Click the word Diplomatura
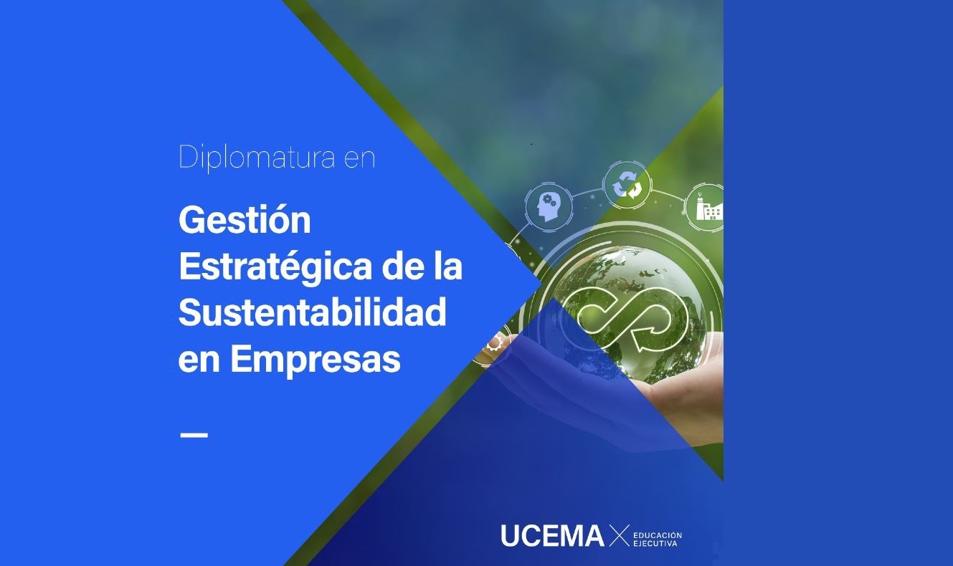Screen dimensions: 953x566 click(x=257, y=158)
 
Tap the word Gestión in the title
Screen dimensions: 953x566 click(x=245, y=220)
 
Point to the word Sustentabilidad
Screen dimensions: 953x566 click(x=312, y=312)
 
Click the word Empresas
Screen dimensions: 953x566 click(x=316, y=360)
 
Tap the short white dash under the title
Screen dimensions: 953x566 click(x=194, y=435)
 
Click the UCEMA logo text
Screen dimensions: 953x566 click(x=552, y=535)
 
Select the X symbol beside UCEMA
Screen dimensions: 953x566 click(x=620, y=535)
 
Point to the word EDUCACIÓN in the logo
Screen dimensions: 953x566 click(x=658, y=535)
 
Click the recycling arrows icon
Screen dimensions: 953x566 click(x=626, y=184)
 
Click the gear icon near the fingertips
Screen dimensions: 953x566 click(x=493, y=342)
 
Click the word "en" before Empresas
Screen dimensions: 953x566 click(x=199, y=361)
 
